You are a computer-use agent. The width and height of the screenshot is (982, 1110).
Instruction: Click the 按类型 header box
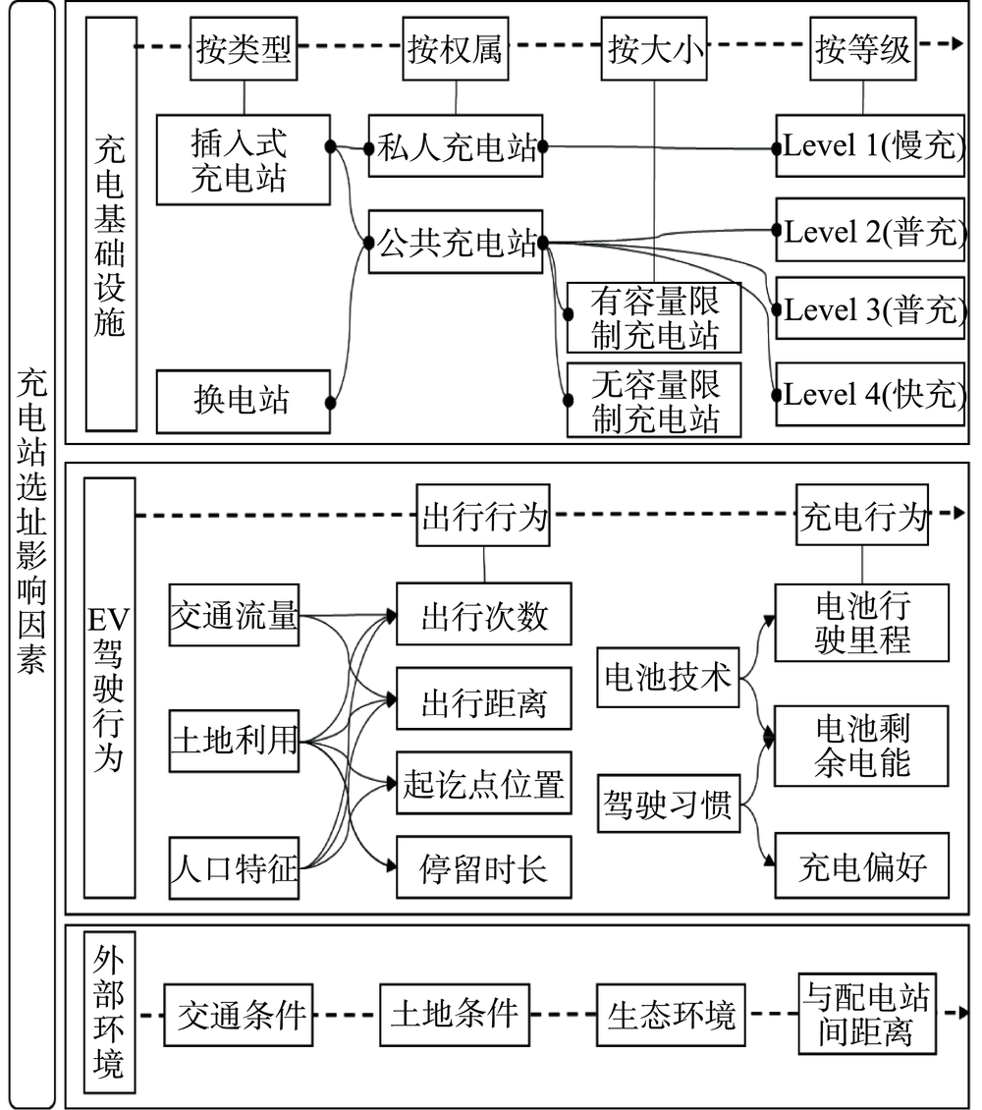tap(243, 50)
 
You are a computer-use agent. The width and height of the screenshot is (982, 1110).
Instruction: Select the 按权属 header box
tap(456, 50)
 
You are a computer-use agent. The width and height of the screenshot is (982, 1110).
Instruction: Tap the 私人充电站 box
tap(456, 147)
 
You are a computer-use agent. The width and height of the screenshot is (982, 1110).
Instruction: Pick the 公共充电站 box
tap(456, 241)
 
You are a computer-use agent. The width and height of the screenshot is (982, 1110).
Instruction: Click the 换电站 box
tap(243, 401)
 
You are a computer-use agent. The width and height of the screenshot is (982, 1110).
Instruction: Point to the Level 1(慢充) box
tap(869, 147)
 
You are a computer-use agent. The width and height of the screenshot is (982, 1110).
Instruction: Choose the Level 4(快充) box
tap(869, 395)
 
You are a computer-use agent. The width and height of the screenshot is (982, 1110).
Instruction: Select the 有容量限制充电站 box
tap(653, 317)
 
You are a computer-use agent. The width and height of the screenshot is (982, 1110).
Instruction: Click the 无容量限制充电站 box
tap(653, 401)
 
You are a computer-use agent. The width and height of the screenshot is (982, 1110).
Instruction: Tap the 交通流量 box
tap(234, 617)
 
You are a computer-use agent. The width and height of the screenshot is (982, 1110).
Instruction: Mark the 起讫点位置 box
tap(483, 783)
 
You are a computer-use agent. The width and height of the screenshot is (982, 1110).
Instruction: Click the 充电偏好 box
tap(861, 865)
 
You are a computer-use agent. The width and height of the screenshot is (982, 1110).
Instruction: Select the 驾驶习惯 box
tap(668, 805)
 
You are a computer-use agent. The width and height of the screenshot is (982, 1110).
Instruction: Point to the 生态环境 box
tap(671, 1014)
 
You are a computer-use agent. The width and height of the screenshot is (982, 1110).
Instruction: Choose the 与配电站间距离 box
tap(867, 1014)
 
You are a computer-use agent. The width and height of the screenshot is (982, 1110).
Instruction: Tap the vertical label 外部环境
tap(109, 1012)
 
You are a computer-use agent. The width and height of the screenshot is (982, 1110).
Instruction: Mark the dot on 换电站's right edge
tap(332, 402)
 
